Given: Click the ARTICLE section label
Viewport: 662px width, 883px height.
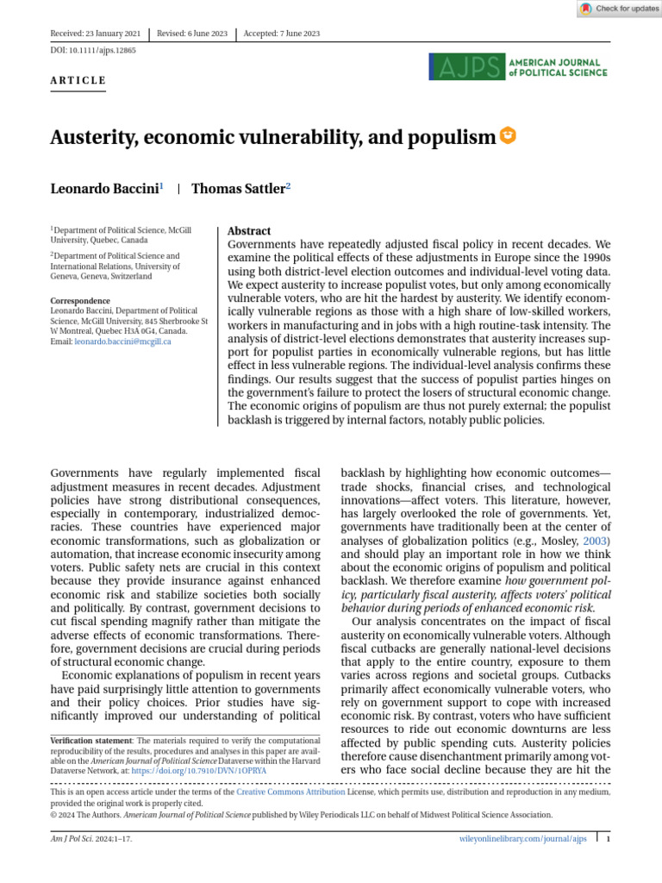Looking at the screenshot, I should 78,81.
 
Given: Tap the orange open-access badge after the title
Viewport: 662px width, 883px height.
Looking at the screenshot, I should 509,135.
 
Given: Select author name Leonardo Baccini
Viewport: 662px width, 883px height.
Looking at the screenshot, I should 104,189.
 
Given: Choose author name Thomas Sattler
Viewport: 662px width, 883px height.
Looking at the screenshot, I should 238,189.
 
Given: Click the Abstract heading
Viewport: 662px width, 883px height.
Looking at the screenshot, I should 249,231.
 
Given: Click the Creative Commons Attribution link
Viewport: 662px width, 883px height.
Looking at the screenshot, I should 290,792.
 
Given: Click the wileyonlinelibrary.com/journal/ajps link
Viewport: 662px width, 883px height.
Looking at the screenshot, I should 521,838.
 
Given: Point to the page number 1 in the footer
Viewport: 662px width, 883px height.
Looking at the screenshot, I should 608,838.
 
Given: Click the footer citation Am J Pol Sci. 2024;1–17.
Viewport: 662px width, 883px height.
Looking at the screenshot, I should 91,838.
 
